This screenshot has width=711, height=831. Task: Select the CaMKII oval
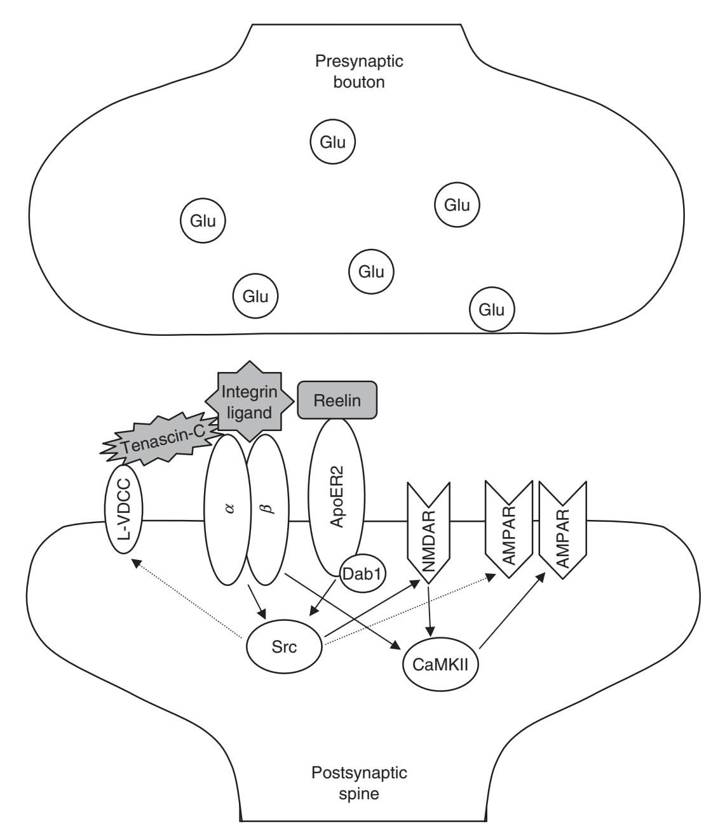pos(441,666)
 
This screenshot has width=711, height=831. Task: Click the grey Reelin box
pos(337,401)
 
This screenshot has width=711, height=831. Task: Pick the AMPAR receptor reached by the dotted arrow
pos(508,528)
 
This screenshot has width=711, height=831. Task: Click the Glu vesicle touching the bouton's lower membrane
pos(492,309)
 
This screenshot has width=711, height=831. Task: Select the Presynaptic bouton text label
pos(360,72)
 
